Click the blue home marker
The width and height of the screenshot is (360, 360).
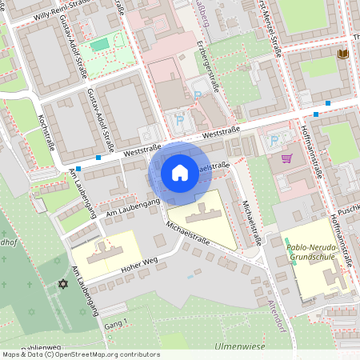(180, 172)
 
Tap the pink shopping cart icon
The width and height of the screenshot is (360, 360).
(286, 158)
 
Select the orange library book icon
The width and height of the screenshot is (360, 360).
(343, 54)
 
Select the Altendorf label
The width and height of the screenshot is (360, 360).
(278, 296)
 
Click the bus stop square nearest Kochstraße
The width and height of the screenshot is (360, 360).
(98, 157)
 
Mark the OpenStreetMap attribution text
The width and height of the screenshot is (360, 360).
(81, 354)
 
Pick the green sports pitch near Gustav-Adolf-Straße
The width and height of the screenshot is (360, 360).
(99, 46)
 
